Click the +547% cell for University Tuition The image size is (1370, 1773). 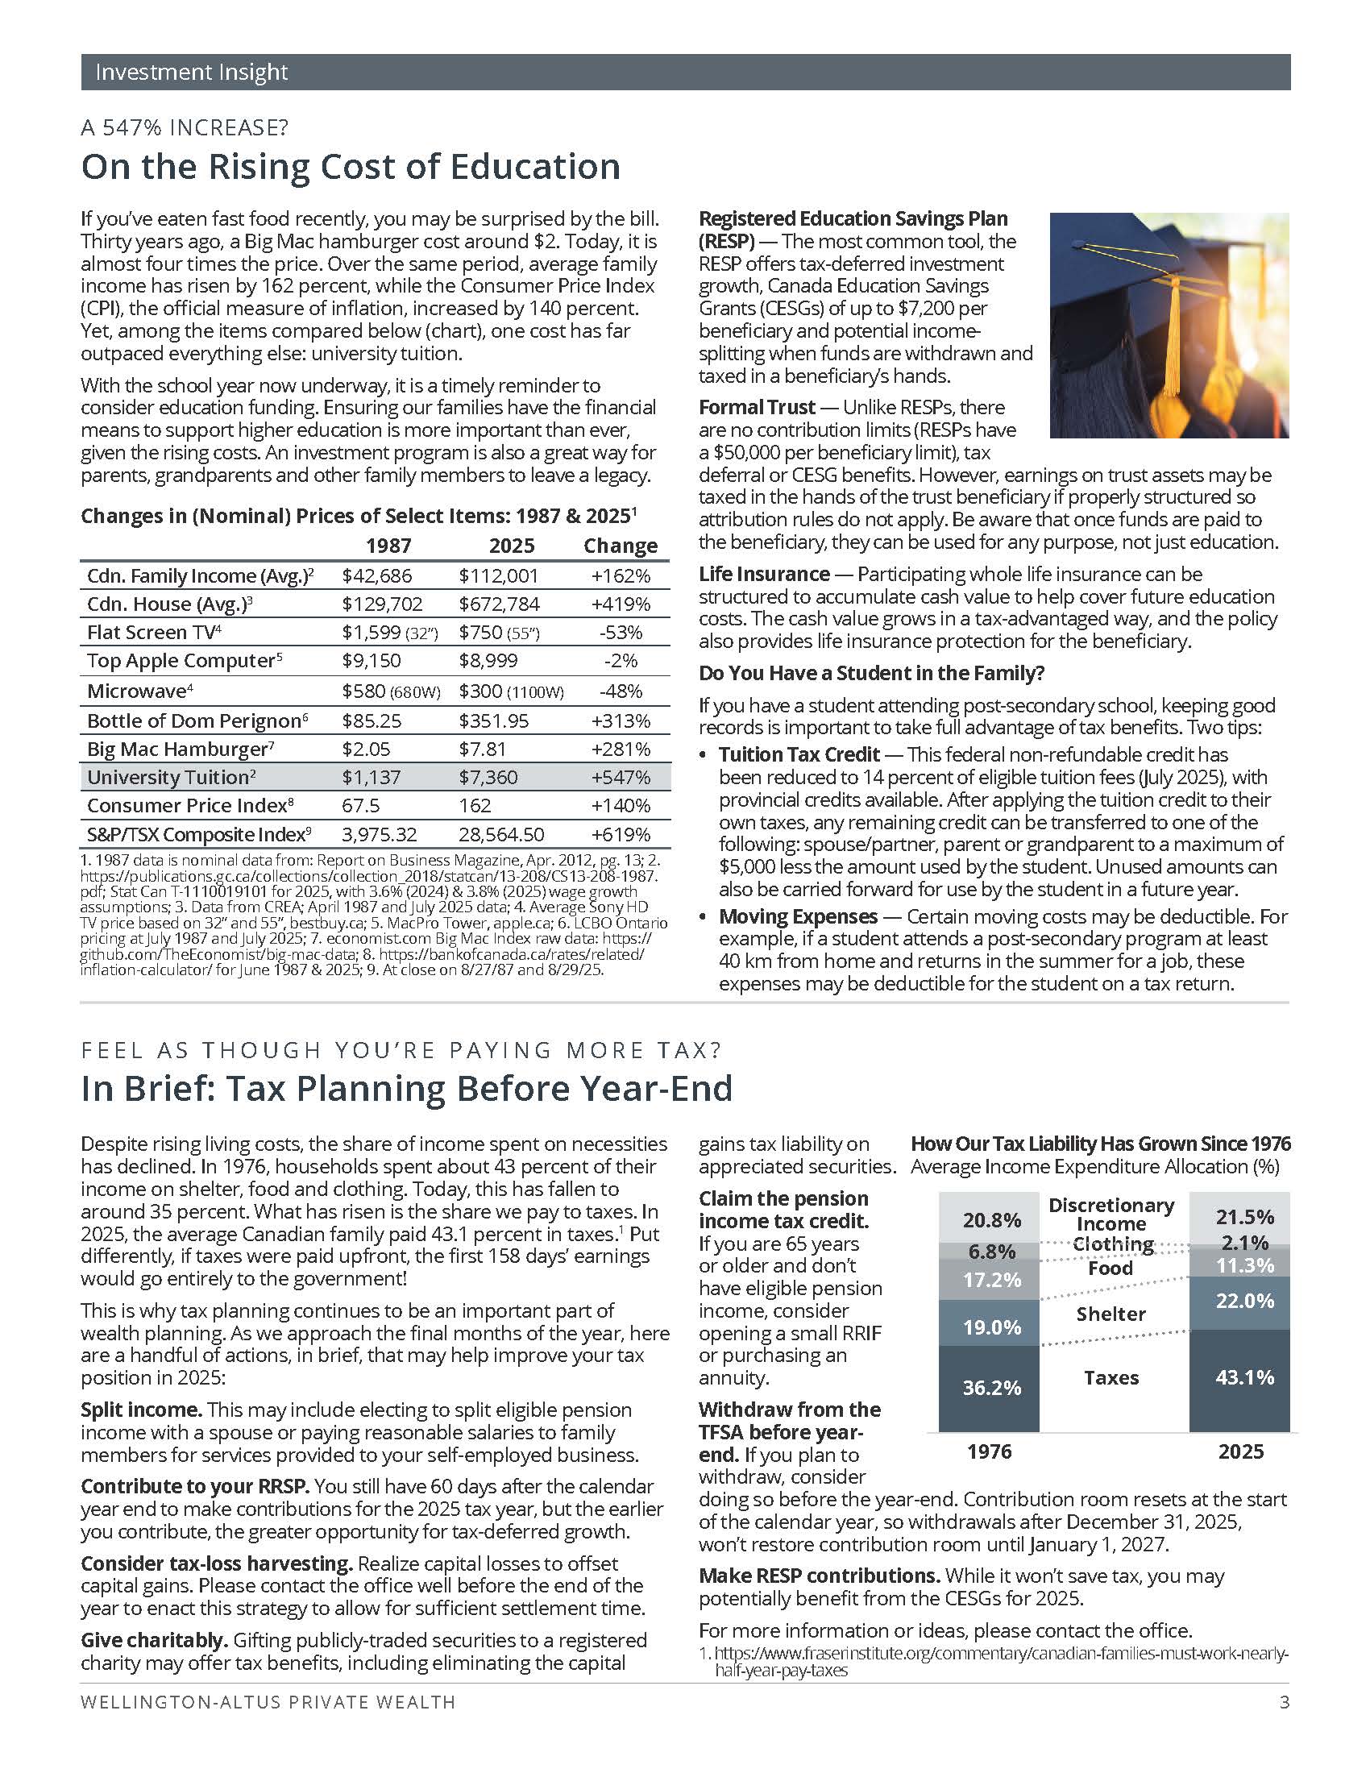point(621,777)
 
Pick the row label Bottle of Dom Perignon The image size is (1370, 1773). point(195,721)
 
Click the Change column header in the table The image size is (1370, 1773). point(621,546)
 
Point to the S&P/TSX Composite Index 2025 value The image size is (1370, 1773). point(500,835)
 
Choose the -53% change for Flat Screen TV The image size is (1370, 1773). point(621,633)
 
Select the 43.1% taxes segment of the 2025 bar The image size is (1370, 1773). point(1244,1376)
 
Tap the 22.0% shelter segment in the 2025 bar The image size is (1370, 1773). point(1244,1302)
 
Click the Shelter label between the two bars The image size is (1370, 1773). point(1111,1314)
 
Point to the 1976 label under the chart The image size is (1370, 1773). point(990,1451)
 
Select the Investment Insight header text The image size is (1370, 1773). point(192,73)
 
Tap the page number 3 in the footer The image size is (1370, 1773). point(1284,1702)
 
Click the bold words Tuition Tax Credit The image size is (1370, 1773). point(799,754)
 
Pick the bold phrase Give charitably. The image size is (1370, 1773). point(154,1640)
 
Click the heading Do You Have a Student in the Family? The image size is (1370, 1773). point(872,673)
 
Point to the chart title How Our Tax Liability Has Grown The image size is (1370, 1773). point(1100,1144)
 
